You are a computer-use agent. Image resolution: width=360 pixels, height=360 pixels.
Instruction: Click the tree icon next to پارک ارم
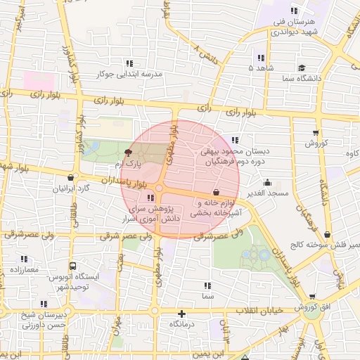[x=127, y=153]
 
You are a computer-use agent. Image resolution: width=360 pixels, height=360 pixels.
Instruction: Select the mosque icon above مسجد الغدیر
[x=266, y=183]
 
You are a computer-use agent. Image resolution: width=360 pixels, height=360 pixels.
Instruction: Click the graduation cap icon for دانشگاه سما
[x=302, y=68]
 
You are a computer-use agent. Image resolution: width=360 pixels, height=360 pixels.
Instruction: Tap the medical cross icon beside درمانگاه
[x=182, y=314]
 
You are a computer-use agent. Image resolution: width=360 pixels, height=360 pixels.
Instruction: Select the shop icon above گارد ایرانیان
[x=70, y=178]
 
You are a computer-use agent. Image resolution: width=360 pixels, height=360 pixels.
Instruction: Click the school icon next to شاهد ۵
[x=261, y=58]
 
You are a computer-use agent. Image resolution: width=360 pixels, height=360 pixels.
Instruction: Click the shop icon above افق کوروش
[x=311, y=297]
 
